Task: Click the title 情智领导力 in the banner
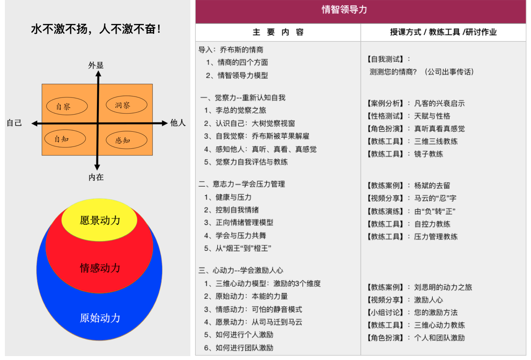pos(344,9)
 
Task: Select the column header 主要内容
pos(278,32)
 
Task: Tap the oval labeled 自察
pos(67,106)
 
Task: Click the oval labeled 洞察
pos(126,105)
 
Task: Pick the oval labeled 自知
pos(65,139)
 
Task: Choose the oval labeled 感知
pos(126,140)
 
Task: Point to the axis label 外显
pos(96,65)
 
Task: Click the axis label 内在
pos(96,177)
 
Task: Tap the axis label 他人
pos(178,123)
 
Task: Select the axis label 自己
pos(14,123)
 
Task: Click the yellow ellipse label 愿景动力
pos(100,220)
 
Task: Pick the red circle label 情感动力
pos(100,268)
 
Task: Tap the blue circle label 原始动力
pos(100,318)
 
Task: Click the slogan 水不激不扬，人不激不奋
pos(96,29)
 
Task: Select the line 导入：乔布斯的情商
pos(231,50)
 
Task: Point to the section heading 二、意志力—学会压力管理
pos(242,184)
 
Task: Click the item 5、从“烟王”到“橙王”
pos(237,248)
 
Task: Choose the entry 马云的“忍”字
pos(435,198)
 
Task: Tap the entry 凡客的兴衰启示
pos(439,103)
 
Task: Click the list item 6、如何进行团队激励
pos(238,347)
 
